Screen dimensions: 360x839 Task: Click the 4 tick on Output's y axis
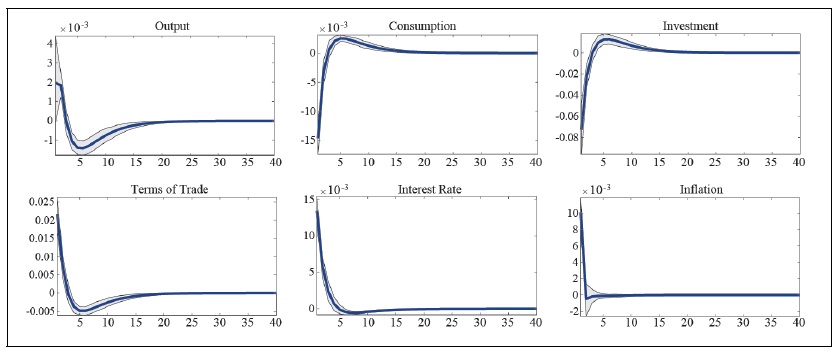pos(49,42)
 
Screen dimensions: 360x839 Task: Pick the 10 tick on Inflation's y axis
pos(571,213)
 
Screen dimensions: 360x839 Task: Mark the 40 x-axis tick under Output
pos(273,161)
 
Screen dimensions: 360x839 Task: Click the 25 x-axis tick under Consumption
pos(453,161)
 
